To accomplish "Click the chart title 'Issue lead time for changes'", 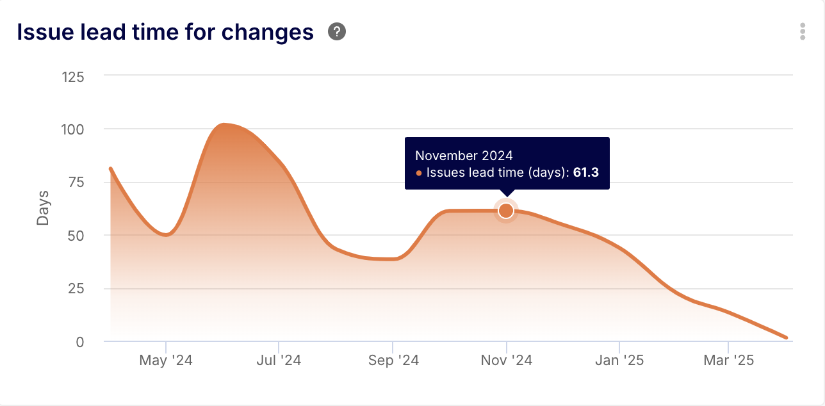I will click(165, 32).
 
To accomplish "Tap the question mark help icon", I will click(337, 31).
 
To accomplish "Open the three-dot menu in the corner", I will click(802, 31).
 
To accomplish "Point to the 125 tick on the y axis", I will click(72, 77).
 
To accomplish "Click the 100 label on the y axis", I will click(72, 129).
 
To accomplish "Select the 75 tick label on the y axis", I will click(76, 183).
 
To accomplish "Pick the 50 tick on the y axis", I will click(76, 236).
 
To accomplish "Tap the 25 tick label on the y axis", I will click(76, 289).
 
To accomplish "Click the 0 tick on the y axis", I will click(79, 342).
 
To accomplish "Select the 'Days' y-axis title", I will click(43, 207).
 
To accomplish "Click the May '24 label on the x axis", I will click(165, 361).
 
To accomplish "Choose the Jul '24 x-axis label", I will click(279, 361).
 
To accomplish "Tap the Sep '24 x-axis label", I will click(393, 361).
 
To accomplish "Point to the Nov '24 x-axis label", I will click(506, 361).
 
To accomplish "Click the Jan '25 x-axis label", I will click(619, 361).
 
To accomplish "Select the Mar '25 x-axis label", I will click(728, 361).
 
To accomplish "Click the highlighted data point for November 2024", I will click(506, 211).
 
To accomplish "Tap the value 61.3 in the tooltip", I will click(585, 172).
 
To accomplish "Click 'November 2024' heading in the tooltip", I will click(464, 156).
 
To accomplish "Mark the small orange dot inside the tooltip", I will click(419, 173).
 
